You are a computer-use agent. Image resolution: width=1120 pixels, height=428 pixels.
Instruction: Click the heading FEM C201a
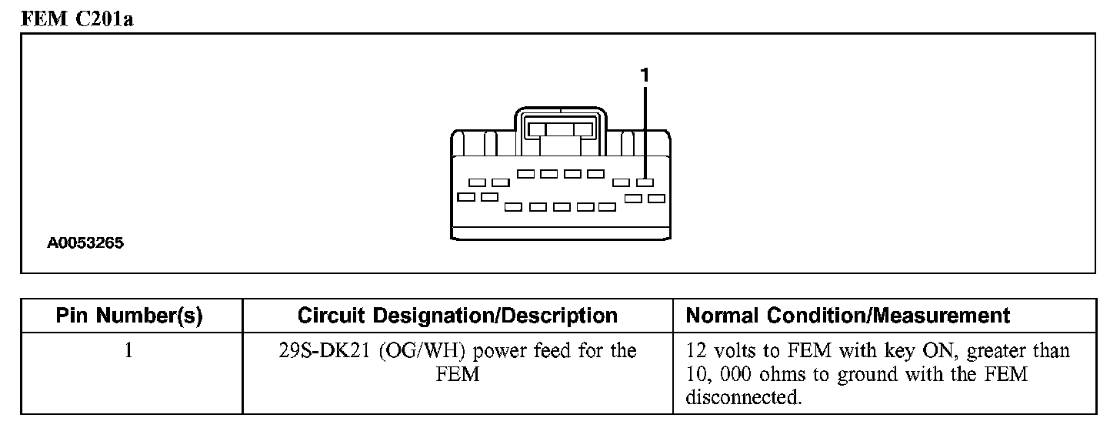point(77,18)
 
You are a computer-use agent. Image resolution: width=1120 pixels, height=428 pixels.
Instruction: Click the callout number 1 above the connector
point(645,75)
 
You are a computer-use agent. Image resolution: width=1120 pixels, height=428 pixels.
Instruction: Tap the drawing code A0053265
point(85,243)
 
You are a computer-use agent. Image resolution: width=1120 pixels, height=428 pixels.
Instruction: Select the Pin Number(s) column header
point(129,316)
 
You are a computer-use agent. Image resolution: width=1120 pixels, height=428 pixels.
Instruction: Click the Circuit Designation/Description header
point(457,316)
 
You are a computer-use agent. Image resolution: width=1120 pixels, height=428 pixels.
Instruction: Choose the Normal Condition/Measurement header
point(848,316)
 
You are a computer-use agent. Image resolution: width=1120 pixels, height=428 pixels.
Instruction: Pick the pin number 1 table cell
point(128,351)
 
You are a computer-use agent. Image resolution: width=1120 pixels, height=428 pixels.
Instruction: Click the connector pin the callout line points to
point(645,182)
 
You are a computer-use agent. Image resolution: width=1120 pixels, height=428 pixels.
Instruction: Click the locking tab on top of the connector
point(560,128)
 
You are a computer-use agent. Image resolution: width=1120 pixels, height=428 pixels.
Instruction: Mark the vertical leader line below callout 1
point(645,131)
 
